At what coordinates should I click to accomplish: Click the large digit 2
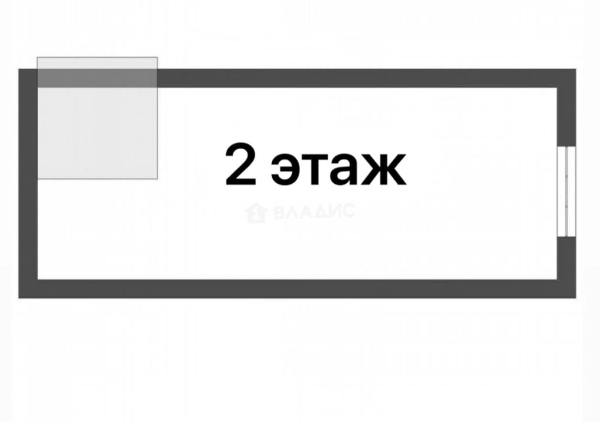[x=240, y=164]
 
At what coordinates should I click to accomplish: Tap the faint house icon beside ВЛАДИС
[x=256, y=213]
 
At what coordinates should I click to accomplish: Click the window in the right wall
[x=566, y=191]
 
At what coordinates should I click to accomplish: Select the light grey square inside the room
[x=97, y=118]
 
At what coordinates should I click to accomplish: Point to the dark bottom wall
[x=297, y=289]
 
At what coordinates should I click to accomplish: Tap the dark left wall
[x=28, y=183]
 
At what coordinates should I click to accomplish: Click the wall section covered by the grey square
[x=97, y=78]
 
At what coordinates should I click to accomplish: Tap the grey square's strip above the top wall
[x=97, y=63]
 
